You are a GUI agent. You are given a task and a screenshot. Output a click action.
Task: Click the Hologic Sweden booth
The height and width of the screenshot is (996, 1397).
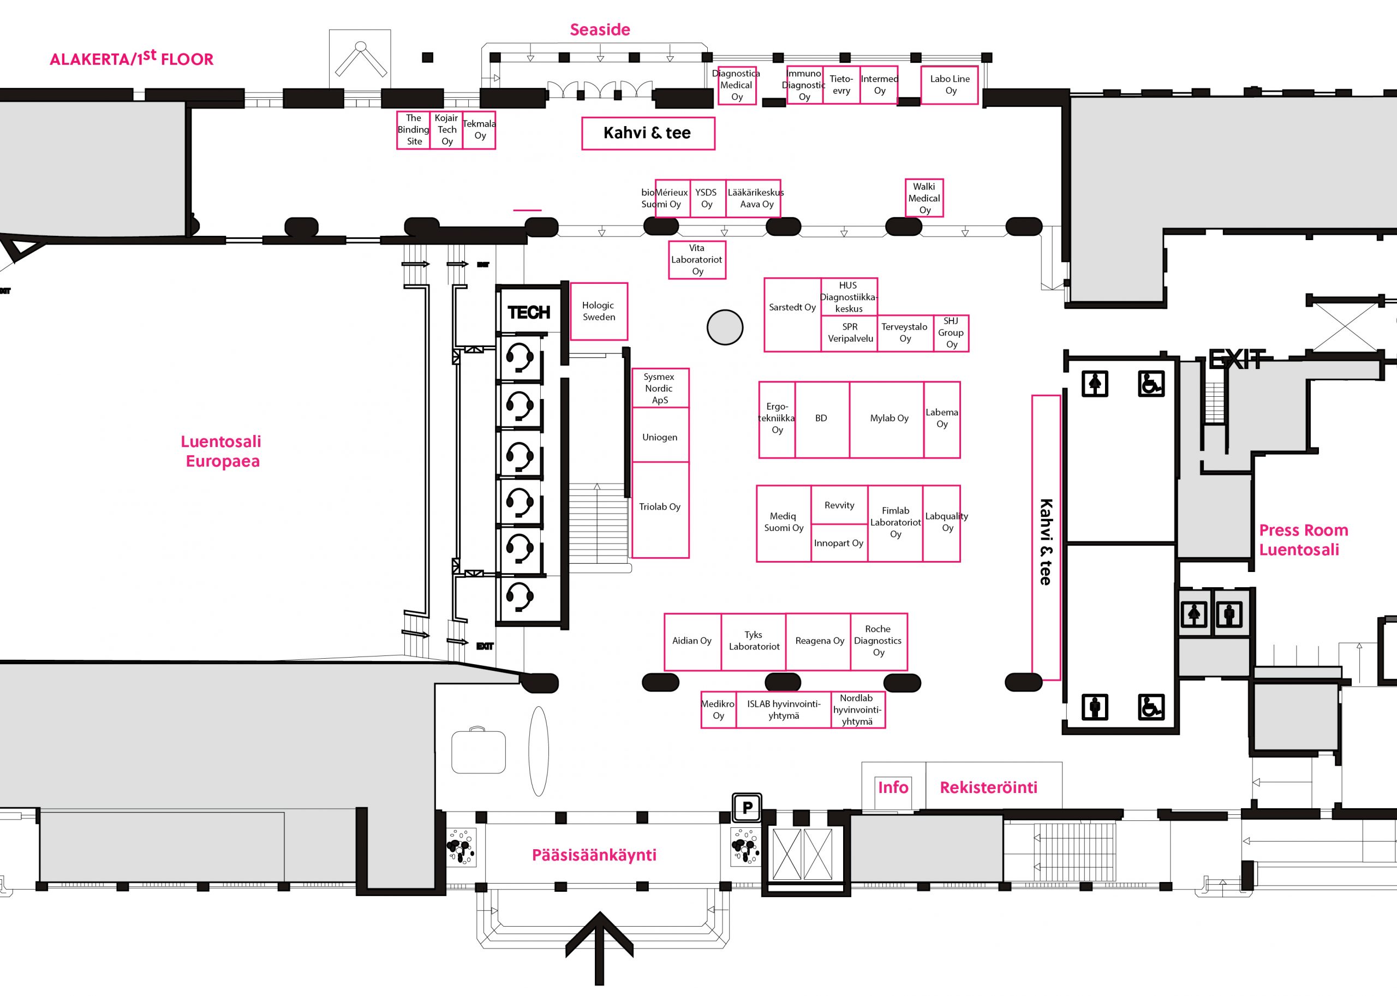click(599, 311)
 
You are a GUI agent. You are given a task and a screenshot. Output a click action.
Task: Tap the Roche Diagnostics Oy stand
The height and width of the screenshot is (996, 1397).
click(878, 641)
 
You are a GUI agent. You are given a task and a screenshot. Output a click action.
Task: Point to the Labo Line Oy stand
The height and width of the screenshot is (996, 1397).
click(950, 85)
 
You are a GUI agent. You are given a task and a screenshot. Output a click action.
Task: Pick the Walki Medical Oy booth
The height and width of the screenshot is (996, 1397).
click(924, 198)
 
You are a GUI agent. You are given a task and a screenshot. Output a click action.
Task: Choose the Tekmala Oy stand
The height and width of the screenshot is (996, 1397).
click(479, 129)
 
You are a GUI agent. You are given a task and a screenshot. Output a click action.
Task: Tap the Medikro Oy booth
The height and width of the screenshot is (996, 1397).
click(718, 709)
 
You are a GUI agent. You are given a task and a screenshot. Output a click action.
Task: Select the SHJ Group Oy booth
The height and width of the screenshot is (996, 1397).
click(951, 333)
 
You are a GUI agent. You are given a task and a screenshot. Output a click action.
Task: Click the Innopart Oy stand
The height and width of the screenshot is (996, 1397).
click(839, 543)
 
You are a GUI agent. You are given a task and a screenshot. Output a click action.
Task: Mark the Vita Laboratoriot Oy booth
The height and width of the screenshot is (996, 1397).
click(697, 259)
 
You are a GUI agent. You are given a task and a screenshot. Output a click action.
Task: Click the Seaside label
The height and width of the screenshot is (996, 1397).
click(600, 29)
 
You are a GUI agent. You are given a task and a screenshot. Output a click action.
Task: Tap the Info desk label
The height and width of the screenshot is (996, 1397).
click(893, 787)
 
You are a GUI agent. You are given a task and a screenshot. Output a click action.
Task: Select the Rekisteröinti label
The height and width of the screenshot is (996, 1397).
click(989, 788)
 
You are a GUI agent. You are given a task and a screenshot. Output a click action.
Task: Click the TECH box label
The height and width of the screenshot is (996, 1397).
click(529, 313)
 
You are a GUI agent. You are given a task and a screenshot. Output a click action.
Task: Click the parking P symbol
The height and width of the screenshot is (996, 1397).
click(747, 807)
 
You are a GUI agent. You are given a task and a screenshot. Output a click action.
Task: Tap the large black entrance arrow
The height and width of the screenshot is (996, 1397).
click(599, 948)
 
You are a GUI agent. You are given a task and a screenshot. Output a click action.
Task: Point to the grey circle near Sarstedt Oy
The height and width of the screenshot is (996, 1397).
click(725, 327)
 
